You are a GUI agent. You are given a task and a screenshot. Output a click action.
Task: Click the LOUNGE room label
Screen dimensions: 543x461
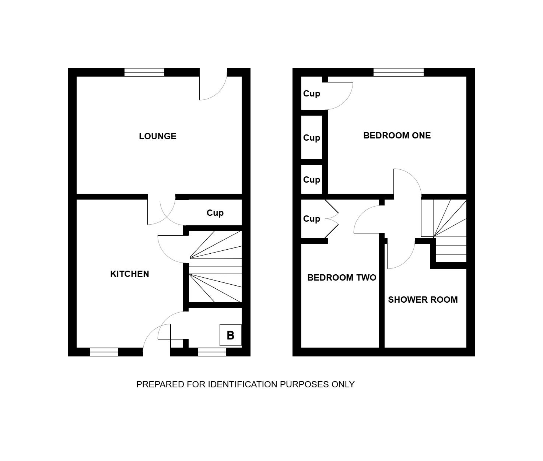(158, 136)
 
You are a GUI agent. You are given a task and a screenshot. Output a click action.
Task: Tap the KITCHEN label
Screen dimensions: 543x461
(130, 274)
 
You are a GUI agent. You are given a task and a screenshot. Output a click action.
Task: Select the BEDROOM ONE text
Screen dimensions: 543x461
(397, 136)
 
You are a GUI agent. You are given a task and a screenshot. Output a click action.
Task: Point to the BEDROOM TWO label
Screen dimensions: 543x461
(342, 278)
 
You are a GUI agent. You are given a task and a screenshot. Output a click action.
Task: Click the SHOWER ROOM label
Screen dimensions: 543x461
(423, 300)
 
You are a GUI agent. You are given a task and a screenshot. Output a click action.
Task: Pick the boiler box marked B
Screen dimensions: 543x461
(230, 335)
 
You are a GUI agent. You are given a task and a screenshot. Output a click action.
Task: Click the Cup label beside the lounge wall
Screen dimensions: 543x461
(215, 213)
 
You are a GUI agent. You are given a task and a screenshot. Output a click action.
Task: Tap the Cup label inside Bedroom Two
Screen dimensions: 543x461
(312, 219)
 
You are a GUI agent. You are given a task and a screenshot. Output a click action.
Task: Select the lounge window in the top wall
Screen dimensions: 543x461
(144, 72)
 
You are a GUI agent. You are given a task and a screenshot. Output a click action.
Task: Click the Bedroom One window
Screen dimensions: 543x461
(399, 72)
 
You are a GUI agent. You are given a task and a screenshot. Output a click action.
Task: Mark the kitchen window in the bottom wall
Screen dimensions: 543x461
(104, 352)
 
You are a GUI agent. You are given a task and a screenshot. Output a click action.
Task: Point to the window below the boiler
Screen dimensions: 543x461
(212, 352)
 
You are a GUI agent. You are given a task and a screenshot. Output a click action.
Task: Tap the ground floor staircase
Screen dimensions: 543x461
(215, 267)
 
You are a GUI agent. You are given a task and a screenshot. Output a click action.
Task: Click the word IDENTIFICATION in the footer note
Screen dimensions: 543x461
(243, 384)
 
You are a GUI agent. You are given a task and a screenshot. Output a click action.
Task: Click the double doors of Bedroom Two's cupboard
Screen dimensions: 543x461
(332, 219)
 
